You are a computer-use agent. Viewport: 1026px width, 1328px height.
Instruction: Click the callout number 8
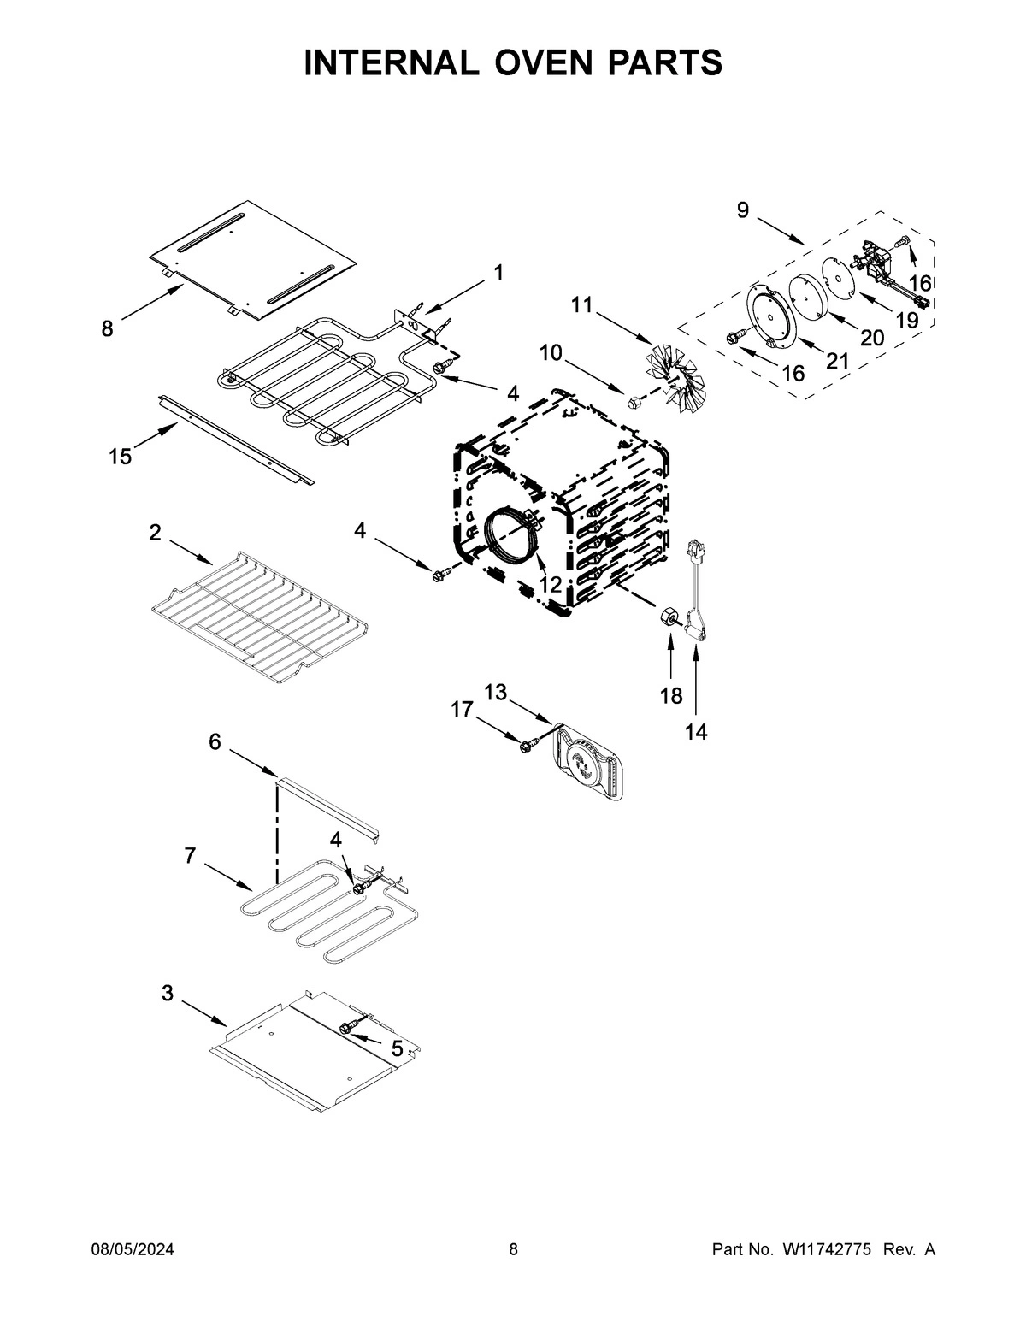click(x=107, y=328)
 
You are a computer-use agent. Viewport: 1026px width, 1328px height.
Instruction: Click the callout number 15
click(x=121, y=457)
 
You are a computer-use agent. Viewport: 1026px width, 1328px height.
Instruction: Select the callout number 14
click(x=696, y=732)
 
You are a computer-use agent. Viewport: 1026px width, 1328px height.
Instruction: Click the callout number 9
click(x=742, y=210)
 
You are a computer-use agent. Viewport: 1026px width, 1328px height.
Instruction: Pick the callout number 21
click(x=837, y=361)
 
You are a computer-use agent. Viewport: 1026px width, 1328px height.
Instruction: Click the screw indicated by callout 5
click(x=348, y=1027)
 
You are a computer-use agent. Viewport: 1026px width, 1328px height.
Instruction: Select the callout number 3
click(x=168, y=993)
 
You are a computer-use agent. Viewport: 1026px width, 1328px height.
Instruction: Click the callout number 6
click(x=215, y=741)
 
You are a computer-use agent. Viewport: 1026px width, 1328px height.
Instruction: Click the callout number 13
click(x=496, y=692)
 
